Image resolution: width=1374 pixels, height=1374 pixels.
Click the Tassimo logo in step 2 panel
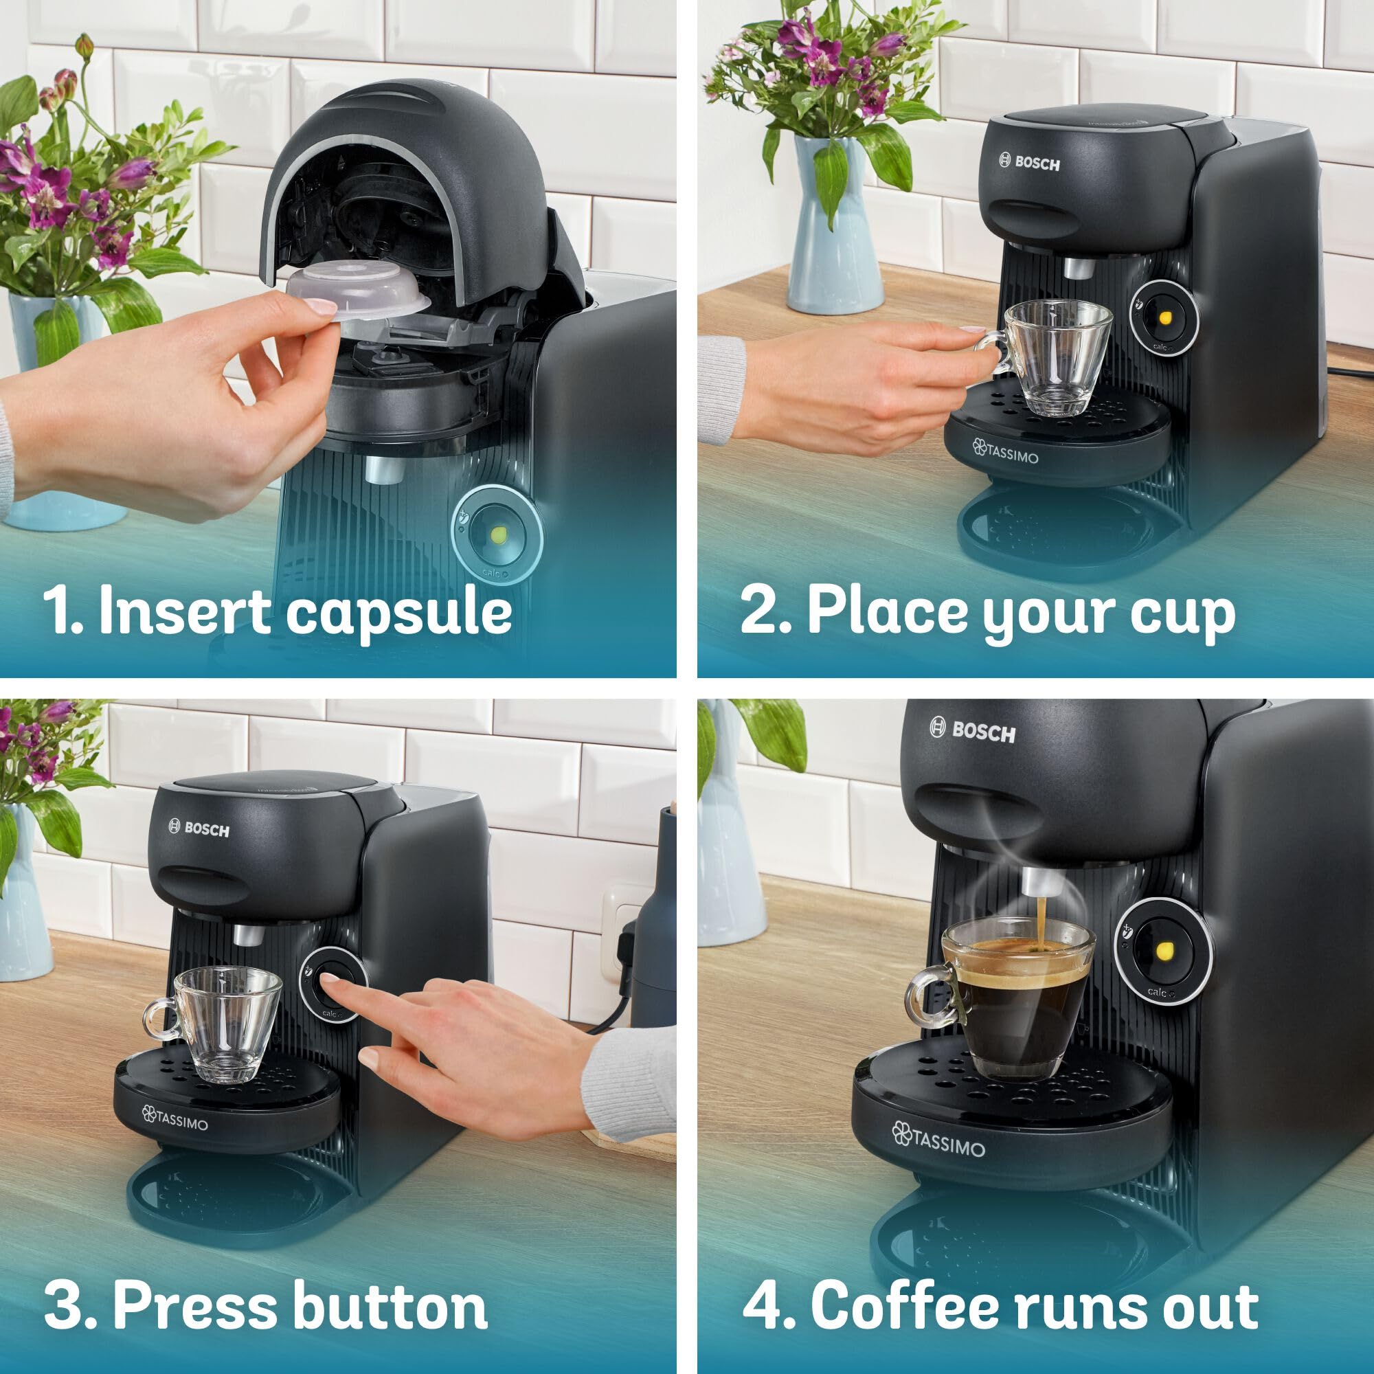pos(1005,451)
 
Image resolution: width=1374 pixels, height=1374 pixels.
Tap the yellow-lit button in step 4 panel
pos(1166,951)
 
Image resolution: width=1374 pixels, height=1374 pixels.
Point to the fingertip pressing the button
pos(329,982)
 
